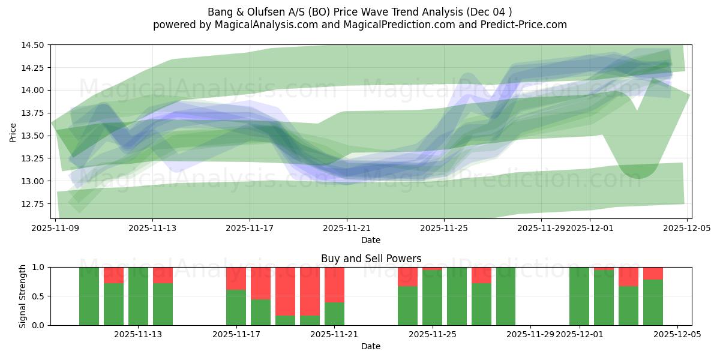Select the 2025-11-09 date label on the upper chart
point(56,228)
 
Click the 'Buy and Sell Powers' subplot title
point(371,259)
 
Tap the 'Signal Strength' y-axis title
point(22,296)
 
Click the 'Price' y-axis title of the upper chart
point(13,132)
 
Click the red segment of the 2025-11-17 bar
point(236,278)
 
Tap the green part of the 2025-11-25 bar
point(432,298)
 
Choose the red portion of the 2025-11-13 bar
point(163,275)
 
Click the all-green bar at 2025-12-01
point(579,296)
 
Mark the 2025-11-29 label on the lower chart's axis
point(530,335)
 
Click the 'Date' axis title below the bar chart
point(371,346)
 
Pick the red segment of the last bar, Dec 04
point(653,273)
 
